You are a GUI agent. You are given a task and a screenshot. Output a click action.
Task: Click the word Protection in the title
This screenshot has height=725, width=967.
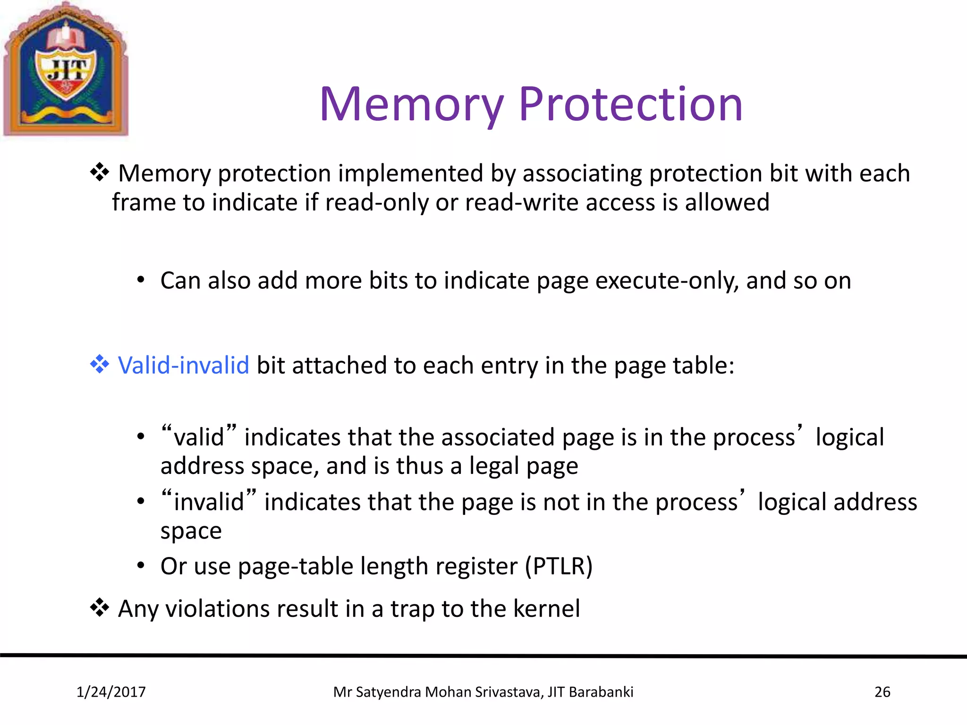pyautogui.click(x=630, y=105)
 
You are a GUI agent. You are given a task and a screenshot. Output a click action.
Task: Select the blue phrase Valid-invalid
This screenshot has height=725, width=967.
pyautogui.click(x=183, y=365)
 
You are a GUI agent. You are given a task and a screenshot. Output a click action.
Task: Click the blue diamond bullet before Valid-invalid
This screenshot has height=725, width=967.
pyautogui.click(x=100, y=364)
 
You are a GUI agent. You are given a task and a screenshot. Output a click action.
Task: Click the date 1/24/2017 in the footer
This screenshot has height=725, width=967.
pyautogui.click(x=111, y=692)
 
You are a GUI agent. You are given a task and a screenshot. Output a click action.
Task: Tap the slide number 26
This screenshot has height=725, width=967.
pyautogui.click(x=882, y=692)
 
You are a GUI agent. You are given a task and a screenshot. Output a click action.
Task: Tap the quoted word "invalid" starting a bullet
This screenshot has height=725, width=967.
pyautogui.click(x=209, y=501)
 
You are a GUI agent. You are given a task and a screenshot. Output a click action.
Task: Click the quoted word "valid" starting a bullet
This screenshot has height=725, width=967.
pyautogui.click(x=199, y=436)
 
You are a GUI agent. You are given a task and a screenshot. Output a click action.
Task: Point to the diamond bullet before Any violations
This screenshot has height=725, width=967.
pyautogui.click(x=100, y=607)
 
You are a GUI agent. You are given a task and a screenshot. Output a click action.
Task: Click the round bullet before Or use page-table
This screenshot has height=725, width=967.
pyautogui.click(x=140, y=565)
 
